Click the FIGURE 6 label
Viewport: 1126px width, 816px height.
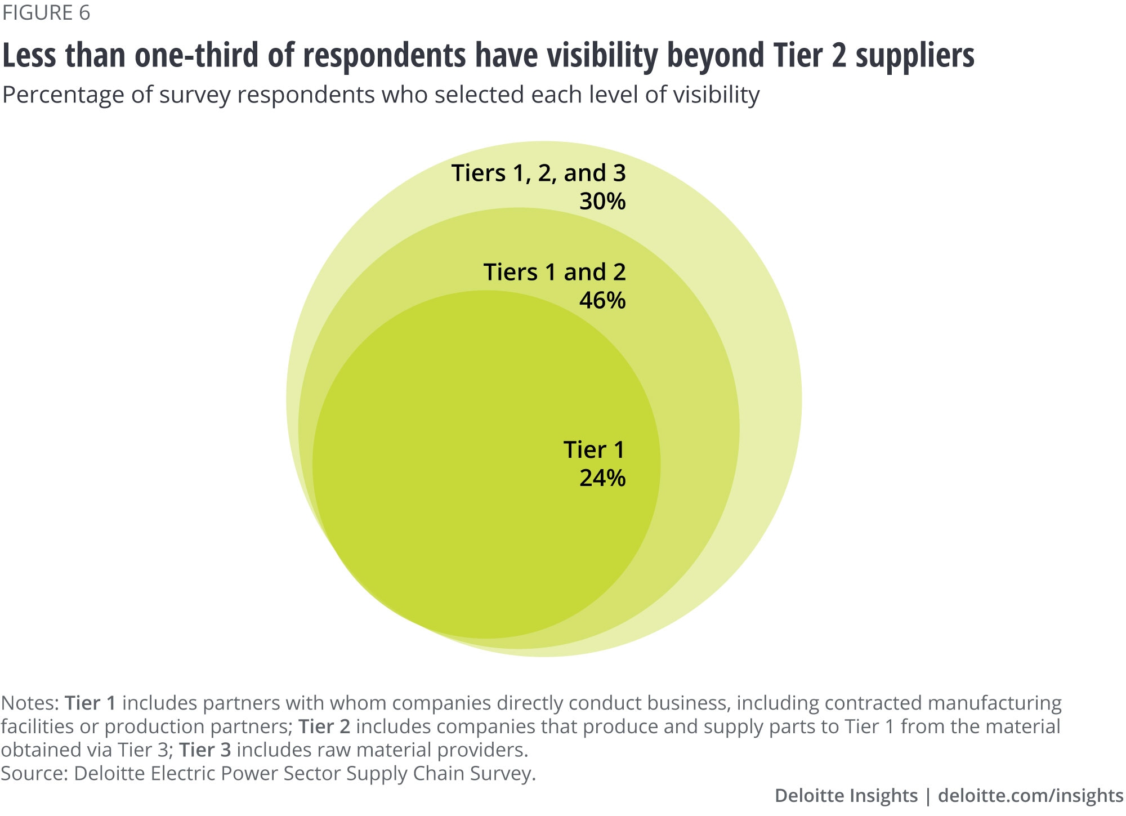coord(46,12)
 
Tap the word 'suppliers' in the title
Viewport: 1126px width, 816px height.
coord(915,56)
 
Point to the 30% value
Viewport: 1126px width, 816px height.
coord(602,202)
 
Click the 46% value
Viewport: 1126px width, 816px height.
coord(602,301)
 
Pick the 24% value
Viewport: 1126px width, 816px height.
coord(602,478)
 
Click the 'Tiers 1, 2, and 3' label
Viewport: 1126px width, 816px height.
coord(539,173)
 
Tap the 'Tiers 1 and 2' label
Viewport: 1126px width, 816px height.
coord(555,273)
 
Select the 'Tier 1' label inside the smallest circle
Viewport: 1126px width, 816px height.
coord(594,450)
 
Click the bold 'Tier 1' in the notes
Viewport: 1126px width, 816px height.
coord(90,703)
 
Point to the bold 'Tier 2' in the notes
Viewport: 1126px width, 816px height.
coord(324,727)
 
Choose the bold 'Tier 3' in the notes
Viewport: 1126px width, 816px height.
coord(205,750)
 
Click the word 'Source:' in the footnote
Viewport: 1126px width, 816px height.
coord(34,774)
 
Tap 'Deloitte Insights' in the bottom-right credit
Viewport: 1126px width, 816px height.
coord(846,796)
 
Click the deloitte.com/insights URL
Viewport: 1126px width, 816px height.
coord(1030,796)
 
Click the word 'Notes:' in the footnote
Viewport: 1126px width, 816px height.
coord(30,703)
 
